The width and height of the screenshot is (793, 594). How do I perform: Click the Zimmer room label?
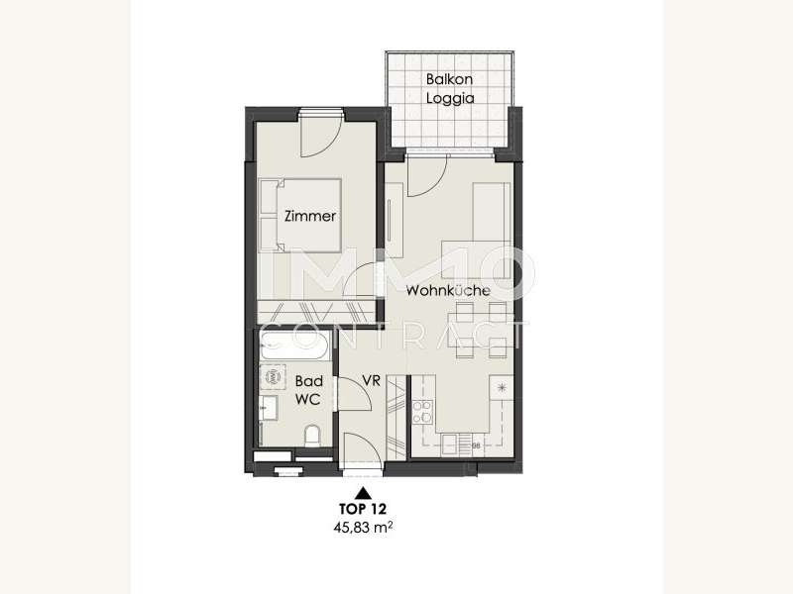click(x=310, y=216)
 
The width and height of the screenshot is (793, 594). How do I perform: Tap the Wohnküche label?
click(x=448, y=290)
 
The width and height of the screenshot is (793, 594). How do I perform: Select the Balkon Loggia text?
click(x=450, y=88)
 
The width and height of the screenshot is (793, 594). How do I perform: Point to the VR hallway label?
click(x=371, y=380)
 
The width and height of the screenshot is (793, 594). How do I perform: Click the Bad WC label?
click(x=308, y=390)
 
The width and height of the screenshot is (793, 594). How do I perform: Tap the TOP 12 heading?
click(x=363, y=508)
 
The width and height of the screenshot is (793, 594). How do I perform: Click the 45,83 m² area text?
click(x=363, y=528)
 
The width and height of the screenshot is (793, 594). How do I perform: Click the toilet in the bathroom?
click(x=312, y=436)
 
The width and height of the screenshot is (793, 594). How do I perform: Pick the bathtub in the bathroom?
click(x=294, y=346)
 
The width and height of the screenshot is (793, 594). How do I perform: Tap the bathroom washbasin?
click(x=268, y=408)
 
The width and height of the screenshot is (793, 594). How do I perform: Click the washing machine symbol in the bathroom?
click(x=273, y=376)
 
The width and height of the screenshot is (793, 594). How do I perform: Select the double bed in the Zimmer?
click(x=299, y=215)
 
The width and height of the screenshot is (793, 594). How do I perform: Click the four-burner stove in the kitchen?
click(x=422, y=412)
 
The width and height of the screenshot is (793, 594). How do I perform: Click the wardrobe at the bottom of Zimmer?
click(x=316, y=312)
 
